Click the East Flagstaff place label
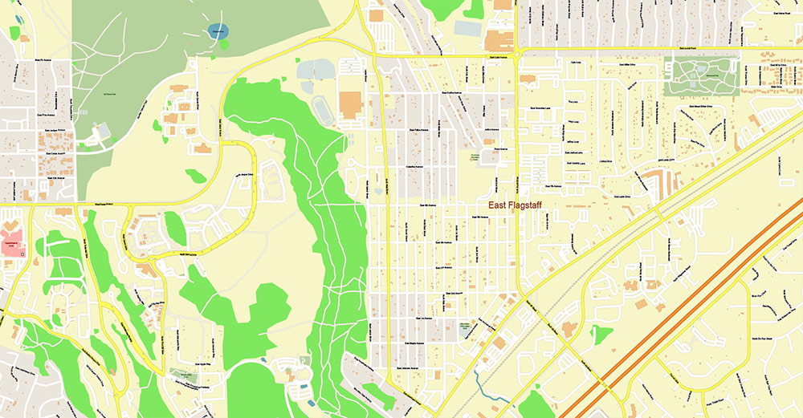coord(515,205)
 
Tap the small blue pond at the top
coord(217,31)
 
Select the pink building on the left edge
coord(11,246)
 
